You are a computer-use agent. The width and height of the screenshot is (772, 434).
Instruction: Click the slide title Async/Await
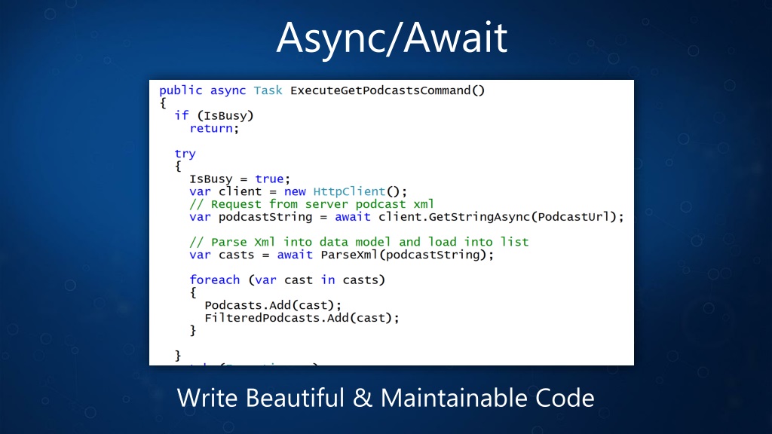coord(391,38)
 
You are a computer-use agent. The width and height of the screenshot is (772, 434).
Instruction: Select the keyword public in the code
coord(180,90)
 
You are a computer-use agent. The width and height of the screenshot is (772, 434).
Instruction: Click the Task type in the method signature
coord(268,90)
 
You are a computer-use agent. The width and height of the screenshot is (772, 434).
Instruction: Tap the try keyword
coord(185,154)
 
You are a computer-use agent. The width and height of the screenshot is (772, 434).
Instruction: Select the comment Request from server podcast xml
coord(312,204)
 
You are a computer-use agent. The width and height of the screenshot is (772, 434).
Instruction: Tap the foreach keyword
coord(214,280)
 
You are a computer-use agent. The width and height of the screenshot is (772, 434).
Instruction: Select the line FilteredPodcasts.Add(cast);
coord(302,317)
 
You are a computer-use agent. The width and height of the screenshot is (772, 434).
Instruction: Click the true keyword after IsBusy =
coord(269,179)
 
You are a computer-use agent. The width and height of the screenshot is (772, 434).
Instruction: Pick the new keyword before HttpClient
coord(295,191)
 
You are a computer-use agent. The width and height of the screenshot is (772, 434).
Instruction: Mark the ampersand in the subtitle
coord(363,397)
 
